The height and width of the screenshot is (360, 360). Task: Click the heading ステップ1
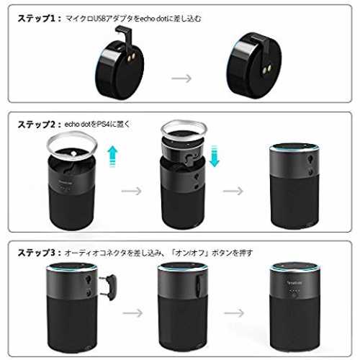37,18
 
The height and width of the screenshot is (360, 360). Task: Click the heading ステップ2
37,125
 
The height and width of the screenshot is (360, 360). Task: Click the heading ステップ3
37,253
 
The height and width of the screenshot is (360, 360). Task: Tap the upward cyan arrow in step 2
112,156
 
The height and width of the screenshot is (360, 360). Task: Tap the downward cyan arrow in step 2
214,156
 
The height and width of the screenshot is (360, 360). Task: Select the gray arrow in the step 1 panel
181,78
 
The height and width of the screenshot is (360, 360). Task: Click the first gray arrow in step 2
132,191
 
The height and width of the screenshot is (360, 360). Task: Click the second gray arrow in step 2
233,191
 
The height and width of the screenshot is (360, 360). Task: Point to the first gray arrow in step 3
132,312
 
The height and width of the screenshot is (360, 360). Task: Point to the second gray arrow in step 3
234,312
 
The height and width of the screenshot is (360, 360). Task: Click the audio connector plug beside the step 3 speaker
109,287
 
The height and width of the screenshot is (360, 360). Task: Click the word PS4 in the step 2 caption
104,125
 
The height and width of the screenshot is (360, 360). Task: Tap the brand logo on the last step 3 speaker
294,283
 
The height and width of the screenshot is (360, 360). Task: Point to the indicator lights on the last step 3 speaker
294,291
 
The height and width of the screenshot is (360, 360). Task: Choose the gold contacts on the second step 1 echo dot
267,69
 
